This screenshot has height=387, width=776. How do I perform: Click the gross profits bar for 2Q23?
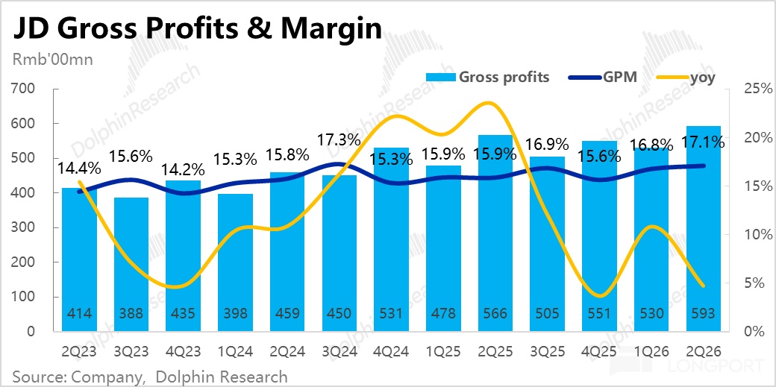[x=79, y=259]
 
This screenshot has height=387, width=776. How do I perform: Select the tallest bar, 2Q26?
[x=703, y=229]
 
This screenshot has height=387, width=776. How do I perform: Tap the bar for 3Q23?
[x=131, y=264]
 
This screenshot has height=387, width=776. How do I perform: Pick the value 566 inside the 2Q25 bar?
[x=495, y=313]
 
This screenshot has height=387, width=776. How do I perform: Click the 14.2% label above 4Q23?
[x=183, y=170]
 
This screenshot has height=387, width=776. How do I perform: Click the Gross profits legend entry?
[x=487, y=78]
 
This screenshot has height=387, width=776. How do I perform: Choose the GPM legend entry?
[x=601, y=78]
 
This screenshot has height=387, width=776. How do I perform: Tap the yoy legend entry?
[x=685, y=78]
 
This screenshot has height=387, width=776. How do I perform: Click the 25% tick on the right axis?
[x=757, y=89]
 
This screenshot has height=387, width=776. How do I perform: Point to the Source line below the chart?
[x=149, y=375]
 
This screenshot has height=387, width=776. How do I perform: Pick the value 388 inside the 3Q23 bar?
[x=131, y=313]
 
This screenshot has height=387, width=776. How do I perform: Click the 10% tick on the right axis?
[x=757, y=235]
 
